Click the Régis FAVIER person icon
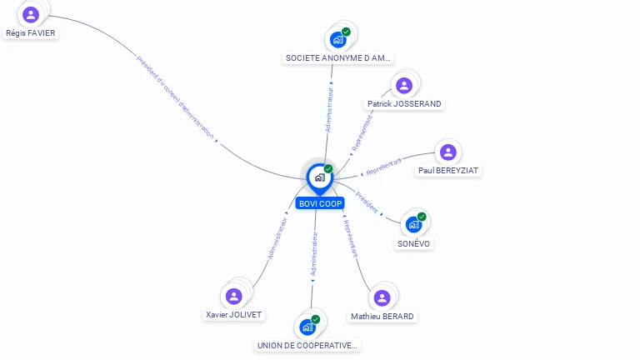coord(31,14)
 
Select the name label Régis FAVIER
coord(31,32)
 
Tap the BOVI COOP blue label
coord(320,203)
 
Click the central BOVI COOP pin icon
coord(319,177)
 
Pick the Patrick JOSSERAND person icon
coord(404,85)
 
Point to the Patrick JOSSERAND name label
coord(404,104)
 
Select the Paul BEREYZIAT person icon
coord(448,152)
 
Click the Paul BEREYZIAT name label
coord(450,170)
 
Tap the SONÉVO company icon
coord(414,224)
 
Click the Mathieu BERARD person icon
coord(382,297)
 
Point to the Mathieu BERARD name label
coord(382,317)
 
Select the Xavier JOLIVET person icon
coord(234,296)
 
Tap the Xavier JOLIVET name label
coord(234,314)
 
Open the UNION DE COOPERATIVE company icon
coord(307,327)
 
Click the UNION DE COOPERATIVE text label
coord(307,345)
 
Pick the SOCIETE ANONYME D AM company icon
coord(338,39)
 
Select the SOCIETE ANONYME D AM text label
coord(338,58)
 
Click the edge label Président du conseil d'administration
coord(175,97)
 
